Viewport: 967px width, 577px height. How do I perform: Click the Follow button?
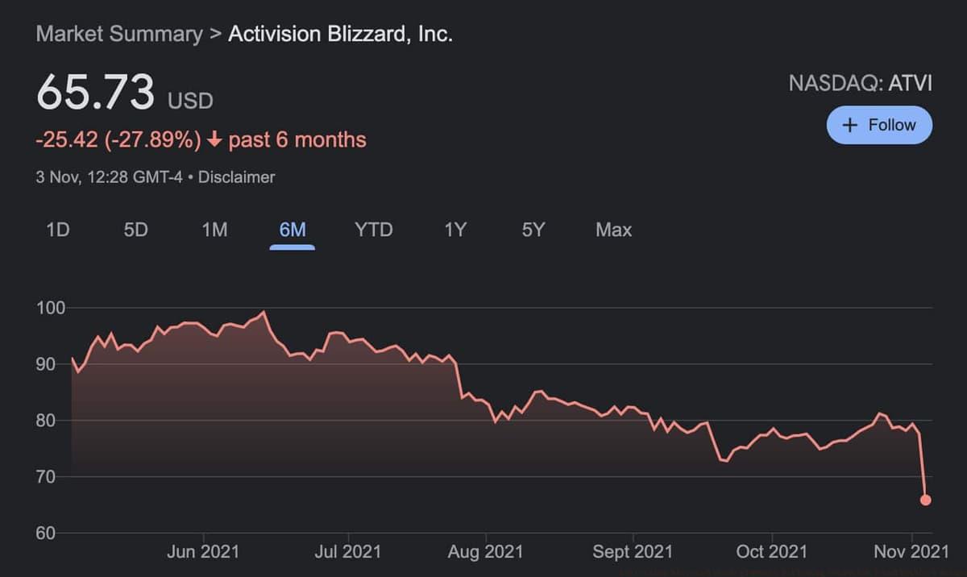[879, 125]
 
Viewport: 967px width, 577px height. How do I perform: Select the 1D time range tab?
[58, 230]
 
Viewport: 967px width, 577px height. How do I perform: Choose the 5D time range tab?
[135, 230]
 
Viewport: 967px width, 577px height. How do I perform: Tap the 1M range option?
[214, 230]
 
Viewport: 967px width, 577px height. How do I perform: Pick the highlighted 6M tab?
[293, 230]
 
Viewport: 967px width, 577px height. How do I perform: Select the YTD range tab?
[374, 230]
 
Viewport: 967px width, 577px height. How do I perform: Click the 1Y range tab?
[455, 230]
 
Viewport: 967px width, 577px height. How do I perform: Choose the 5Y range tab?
[533, 230]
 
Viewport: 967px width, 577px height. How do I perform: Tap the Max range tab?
[613, 230]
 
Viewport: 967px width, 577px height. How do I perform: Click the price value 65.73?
[95, 92]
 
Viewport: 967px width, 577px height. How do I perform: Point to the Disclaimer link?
[236, 177]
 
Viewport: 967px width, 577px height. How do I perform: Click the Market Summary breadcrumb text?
[119, 35]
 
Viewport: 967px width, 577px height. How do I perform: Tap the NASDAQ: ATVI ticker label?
[860, 83]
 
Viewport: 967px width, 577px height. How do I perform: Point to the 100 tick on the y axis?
[51, 308]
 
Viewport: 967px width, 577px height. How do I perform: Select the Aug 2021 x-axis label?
[485, 552]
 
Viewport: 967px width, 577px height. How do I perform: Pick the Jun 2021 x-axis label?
[203, 552]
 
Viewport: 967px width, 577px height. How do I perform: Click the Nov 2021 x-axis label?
[911, 552]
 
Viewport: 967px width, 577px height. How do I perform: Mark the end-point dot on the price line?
[926, 500]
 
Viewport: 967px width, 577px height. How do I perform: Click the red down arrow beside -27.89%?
[214, 140]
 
